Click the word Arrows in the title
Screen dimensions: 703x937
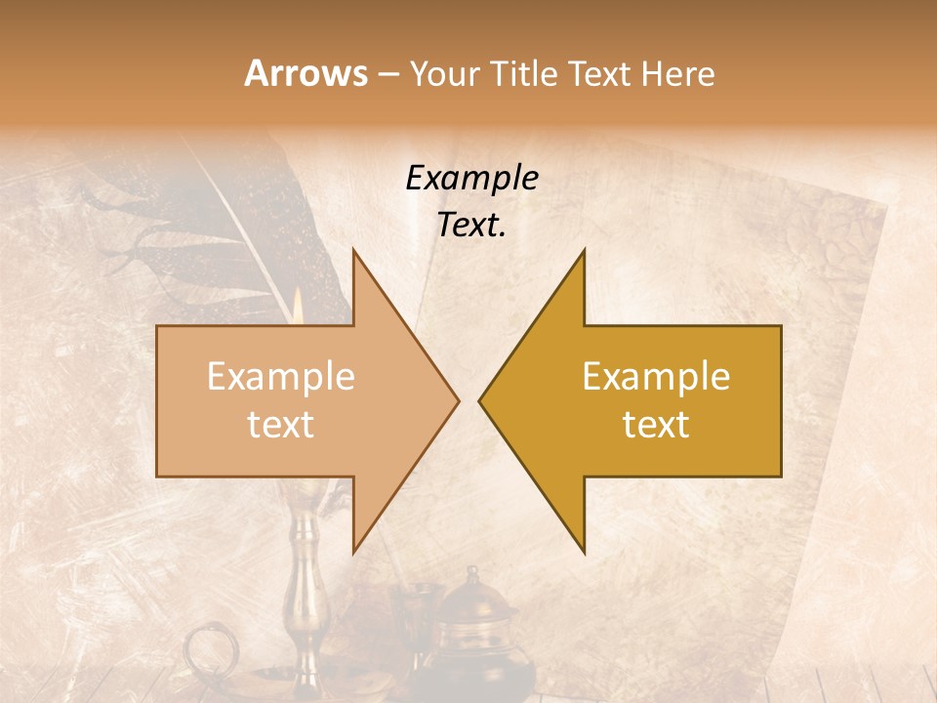click(x=305, y=73)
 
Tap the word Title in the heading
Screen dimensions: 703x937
click(x=528, y=74)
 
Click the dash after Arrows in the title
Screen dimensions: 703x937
click(x=387, y=75)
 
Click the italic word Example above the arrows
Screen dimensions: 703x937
click(x=471, y=179)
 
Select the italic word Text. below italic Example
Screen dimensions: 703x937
click(x=471, y=226)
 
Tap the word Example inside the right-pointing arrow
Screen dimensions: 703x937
click(x=281, y=377)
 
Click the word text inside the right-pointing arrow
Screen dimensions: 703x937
click(x=281, y=425)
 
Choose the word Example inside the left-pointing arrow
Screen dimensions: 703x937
click(x=656, y=377)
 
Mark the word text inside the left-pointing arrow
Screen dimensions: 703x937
click(x=656, y=425)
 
